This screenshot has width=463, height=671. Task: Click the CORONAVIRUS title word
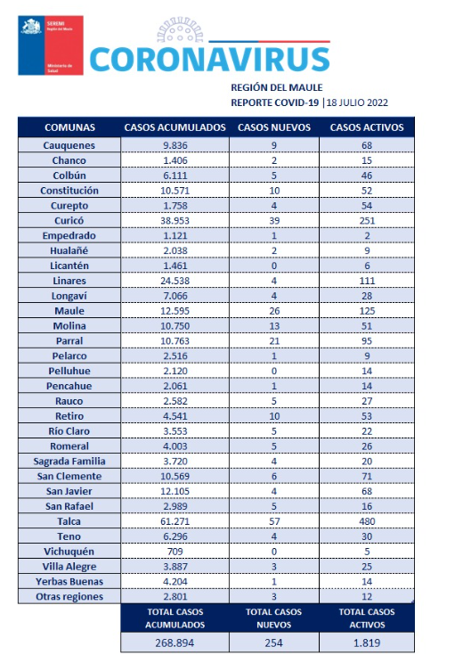click(209, 59)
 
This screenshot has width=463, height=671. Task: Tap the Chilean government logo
click(51, 45)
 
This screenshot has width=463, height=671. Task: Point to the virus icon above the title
click(180, 30)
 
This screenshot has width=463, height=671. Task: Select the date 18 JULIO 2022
click(357, 102)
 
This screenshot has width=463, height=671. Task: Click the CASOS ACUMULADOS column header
click(175, 127)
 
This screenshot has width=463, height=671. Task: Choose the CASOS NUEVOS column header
click(274, 127)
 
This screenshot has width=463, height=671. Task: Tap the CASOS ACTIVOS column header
click(367, 127)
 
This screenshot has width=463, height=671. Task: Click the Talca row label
click(69, 521)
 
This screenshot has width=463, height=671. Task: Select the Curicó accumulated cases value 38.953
click(175, 221)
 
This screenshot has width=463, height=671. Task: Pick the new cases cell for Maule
click(274, 311)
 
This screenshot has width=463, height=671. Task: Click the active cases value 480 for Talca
click(367, 521)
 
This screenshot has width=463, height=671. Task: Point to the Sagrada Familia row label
click(69, 462)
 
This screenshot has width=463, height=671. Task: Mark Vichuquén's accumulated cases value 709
click(175, 552)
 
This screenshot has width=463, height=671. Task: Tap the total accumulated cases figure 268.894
click(175, 642)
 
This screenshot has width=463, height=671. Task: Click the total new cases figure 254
click(274, 642)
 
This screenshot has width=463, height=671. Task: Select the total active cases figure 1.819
click(367, 642)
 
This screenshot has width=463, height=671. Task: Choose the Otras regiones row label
click(69, 596)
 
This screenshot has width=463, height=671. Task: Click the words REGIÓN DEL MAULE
click(277, 87)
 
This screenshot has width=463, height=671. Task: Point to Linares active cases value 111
click(367, 281)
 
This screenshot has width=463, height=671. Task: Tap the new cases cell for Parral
click(274, 341)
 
